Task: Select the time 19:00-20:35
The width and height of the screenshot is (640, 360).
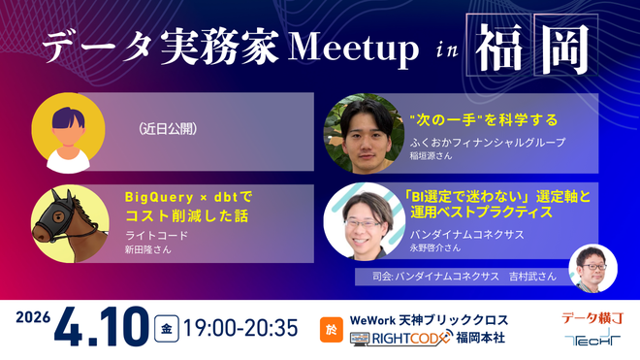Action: (240, 327)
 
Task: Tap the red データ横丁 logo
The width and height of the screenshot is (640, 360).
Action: (592, 317)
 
